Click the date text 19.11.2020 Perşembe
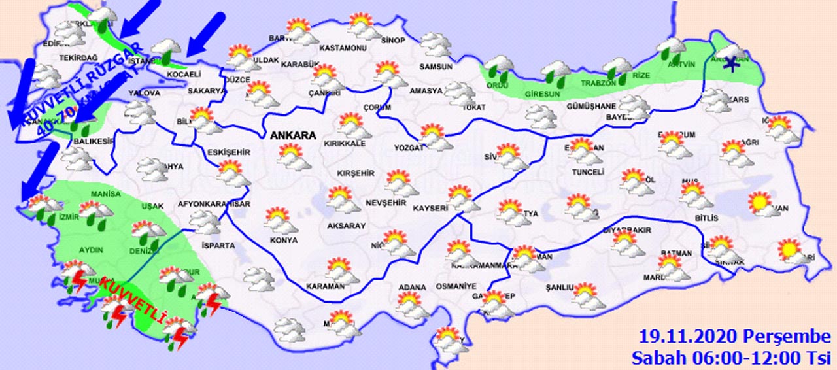tap(734, 337)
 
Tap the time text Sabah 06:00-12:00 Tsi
tap(730, 358)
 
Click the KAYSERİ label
tap(430, 209)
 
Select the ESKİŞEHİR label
tap(229, 152)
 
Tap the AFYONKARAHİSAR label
tap(214, 204)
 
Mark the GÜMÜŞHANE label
tap(591, 107)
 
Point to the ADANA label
tap(413, 287)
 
